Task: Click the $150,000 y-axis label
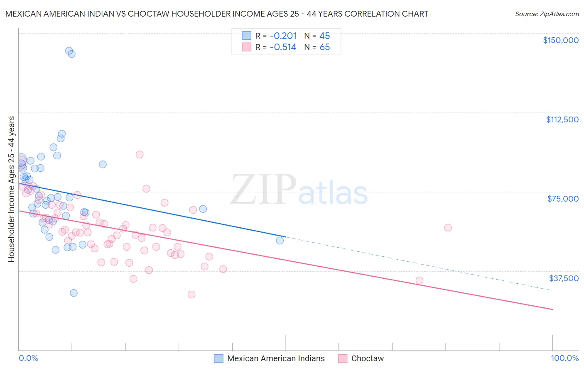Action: point(560,40)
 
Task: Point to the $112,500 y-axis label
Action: point(562,119)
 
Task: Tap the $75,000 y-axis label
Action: point(563,199)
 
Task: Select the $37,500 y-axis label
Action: point(564,278)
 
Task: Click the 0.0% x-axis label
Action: point(28,358)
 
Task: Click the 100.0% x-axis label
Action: point(564,358)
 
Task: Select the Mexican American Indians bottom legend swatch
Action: point(218,358)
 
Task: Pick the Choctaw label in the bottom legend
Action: point(367,358)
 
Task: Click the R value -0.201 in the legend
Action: point(283,36)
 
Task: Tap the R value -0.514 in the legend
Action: point(283,47)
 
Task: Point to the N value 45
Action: point(324,36)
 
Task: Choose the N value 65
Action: point(324,47)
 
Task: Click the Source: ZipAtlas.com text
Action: point(547,14)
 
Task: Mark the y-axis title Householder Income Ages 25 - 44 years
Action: point(11,189)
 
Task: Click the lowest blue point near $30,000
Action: point(74,293)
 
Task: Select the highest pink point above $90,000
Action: point(140,154)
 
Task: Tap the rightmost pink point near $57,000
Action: point(448,227)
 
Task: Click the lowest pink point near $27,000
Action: point(191,295)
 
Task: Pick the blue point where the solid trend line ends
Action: point(280,240)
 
